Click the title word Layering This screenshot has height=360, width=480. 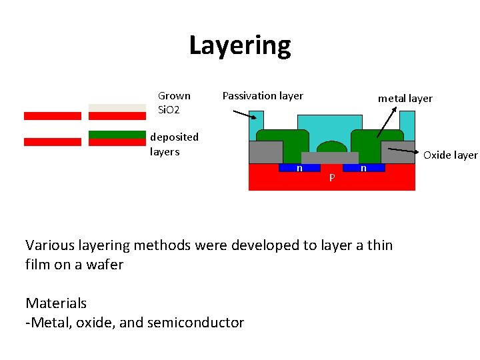[240, 45]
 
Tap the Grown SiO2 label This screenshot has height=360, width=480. [173, 102]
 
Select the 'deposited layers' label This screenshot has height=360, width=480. [174, 144]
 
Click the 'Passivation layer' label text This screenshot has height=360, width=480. [262, 96]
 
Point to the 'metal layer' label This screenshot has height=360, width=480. [405, 99]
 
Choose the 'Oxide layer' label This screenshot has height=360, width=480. [450, 155]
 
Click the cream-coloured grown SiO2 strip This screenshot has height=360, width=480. [117, 107]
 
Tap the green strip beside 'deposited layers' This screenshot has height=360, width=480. [117, 134]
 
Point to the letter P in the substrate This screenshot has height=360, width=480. [331, 179]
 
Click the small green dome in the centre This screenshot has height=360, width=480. [331, 147]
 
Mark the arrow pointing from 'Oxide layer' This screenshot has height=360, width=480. [404, 151]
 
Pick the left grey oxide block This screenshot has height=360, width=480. [265, 152]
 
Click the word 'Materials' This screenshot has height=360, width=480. [56, 303]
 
